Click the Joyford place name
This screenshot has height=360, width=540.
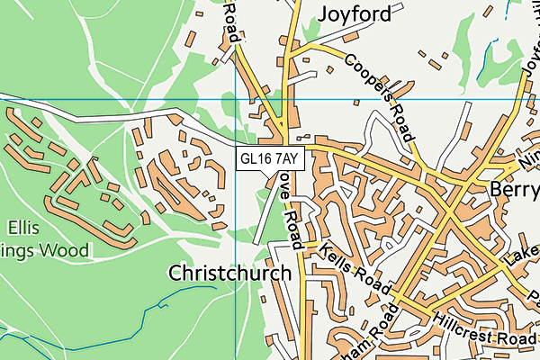coord(354,13)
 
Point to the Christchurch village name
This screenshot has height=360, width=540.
coord(229,273)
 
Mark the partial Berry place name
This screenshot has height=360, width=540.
coord(514,190)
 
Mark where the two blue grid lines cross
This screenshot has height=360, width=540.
coord(235,98)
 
